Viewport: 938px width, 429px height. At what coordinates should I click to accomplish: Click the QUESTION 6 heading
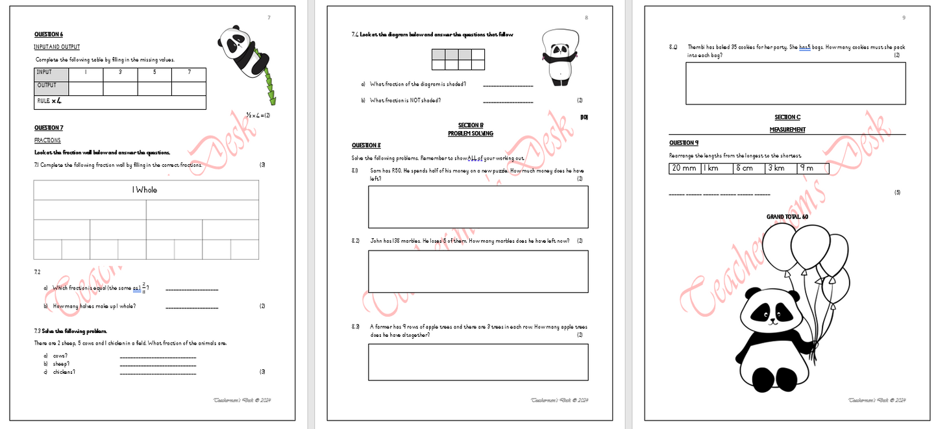point(49,34)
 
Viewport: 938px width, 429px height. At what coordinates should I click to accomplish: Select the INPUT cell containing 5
point(154,73)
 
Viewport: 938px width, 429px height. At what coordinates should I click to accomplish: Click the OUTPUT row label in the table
point(47,86)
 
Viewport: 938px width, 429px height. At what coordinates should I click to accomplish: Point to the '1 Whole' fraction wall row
point(145,190)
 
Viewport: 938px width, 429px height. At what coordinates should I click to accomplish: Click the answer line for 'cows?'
point(158,356)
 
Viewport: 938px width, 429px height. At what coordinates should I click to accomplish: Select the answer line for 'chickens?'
point(158,373)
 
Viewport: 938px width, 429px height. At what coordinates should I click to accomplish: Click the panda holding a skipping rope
point(559,58)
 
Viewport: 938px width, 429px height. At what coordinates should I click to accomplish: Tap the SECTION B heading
point(470,125)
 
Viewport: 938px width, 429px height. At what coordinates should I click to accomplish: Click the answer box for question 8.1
point(478,207)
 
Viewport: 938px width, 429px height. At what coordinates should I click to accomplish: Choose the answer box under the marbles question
point(478,271)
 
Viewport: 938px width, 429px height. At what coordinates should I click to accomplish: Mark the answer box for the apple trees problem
point(478,362)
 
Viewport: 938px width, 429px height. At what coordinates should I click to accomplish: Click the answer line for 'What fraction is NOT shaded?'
point(508,101)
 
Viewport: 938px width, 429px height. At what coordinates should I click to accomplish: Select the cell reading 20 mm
point(684,169)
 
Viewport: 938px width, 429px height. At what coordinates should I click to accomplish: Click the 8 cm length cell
point(748,169)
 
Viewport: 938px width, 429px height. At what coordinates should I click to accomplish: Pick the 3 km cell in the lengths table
point(780,169)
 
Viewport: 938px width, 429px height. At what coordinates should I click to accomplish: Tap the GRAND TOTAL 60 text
point(787,217)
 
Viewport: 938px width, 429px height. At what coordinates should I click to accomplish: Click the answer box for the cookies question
point(795,83)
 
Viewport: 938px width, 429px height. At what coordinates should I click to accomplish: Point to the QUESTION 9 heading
point(684,143)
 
